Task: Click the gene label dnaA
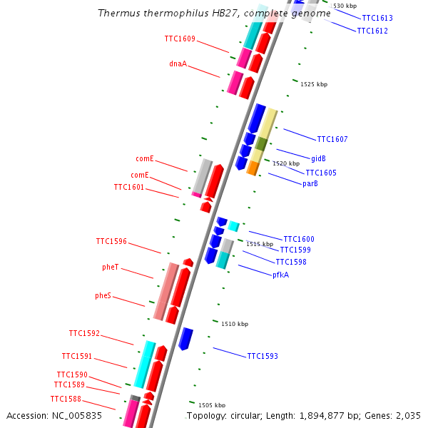tap(178, 63)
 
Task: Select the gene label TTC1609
tap(180, 39)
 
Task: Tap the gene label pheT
tap(111, 267)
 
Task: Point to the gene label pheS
tap(103, 295)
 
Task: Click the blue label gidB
tap(318, 158)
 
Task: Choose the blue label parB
tap(310, 184)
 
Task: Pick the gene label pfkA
tap(280, 275)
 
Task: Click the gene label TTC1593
tap(263, 356)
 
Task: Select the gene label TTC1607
tap(332, 139)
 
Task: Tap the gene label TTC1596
tap(111, 241)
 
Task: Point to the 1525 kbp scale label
tap(314, 84)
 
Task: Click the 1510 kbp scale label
tap(235, 324)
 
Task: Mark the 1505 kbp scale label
tap(212, 405)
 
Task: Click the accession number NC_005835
tap(78, 415)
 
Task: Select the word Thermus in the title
tap(117, 14)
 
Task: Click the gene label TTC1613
tap(377, 18)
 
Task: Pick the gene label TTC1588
tap(66, 399)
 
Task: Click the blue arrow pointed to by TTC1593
tap(185, 338)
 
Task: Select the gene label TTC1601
tap(129, 187)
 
